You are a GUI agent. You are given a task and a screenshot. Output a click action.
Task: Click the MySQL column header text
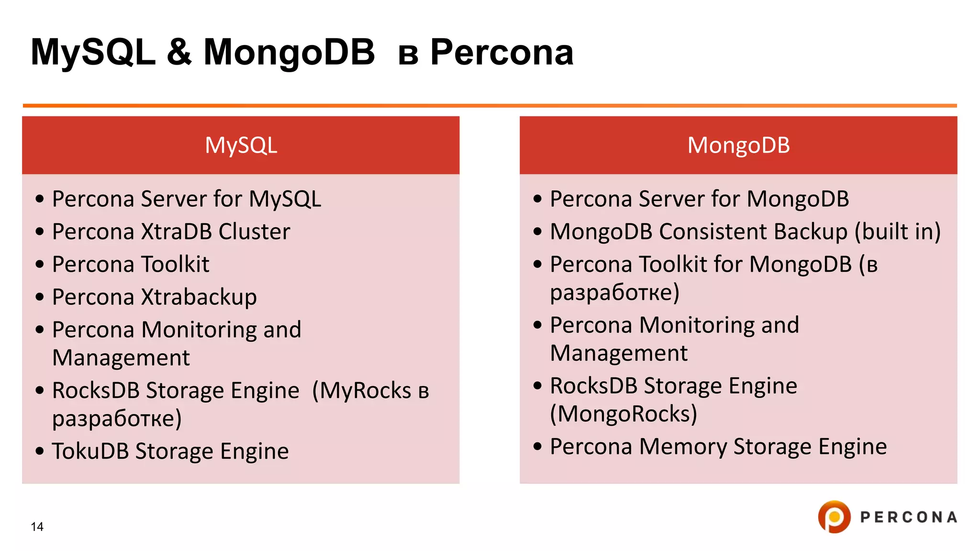pos(241,145)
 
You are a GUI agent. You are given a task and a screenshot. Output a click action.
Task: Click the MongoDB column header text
pos(738,145)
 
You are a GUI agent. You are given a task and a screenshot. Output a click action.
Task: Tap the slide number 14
pos(37,527)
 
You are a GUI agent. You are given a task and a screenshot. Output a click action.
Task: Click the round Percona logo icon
pos(834,517)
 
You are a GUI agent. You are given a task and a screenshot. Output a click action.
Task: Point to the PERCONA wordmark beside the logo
pos(909,517)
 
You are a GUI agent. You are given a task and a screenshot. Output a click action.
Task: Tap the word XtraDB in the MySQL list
pos(177,231)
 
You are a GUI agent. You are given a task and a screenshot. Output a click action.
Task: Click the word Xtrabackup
pos(199,297)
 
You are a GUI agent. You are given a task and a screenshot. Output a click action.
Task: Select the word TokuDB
pos(90,451)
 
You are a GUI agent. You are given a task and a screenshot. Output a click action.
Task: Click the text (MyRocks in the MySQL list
pos(362,390)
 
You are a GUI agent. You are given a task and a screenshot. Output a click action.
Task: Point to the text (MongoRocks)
pos(624,414)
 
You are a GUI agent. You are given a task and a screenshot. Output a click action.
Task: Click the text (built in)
pos(898,231)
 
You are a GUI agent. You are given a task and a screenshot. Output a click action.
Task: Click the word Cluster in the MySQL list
pos(254,231)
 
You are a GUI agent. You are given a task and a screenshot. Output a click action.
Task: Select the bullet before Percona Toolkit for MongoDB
pos(537,264)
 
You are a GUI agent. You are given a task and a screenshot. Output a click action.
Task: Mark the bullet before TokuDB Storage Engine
pos(40,451)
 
